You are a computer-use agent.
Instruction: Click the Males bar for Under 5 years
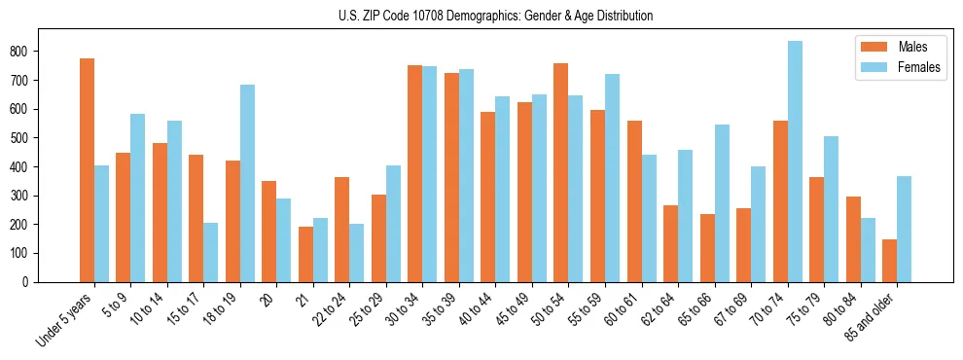(x=88, y=170)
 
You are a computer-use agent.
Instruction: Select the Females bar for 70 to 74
(x=795, y=162)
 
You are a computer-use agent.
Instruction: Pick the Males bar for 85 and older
(x=889, y=261)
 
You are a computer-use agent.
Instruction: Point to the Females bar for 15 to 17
(x=211, y=252)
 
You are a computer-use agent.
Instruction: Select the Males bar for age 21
(x=305, y=254)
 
